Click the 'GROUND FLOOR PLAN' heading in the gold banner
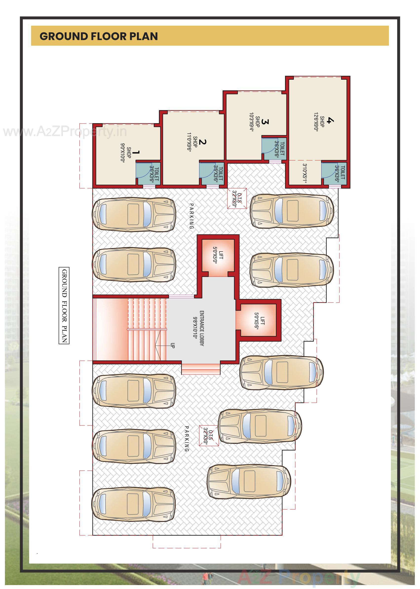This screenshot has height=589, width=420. point(98,36)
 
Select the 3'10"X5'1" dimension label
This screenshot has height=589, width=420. point(305,173)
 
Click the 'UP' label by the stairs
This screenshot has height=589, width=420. point(173,345)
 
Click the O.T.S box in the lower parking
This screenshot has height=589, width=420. point(209,436)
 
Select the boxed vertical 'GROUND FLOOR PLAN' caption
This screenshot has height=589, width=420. point(64,306)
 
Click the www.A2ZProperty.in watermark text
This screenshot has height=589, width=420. point(65,132)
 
